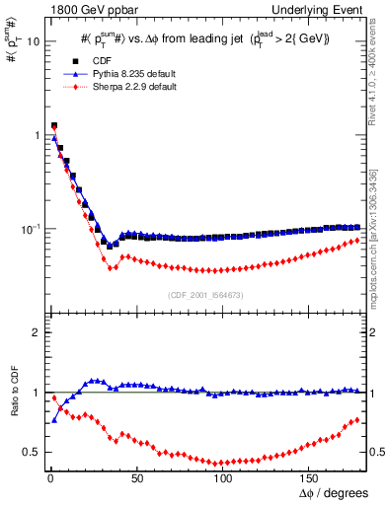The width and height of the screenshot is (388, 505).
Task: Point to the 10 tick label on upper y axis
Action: (x=33, y=41)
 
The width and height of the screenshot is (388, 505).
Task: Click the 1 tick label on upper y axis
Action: (x=36, y=135)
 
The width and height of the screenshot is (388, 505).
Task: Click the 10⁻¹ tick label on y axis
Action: (x=30, y=228)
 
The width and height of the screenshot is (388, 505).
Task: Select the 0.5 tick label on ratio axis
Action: (x=31, y=453)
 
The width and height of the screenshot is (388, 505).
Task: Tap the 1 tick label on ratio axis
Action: (x=36, y=394)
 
